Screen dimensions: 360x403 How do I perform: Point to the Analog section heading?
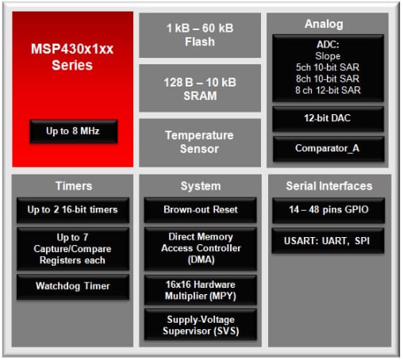pos(328,25)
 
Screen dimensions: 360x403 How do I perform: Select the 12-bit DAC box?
pos(328,119)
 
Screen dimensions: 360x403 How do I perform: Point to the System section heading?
pos(200,186)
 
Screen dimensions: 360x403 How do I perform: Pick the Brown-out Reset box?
pos(200,210)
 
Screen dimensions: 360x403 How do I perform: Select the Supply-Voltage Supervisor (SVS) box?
pos(200,324)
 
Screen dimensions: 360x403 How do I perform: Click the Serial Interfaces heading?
pos(328,186)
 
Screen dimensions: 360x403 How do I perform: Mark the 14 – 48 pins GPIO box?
pos(328,210)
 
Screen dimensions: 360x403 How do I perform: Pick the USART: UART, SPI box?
pos(328,239)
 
